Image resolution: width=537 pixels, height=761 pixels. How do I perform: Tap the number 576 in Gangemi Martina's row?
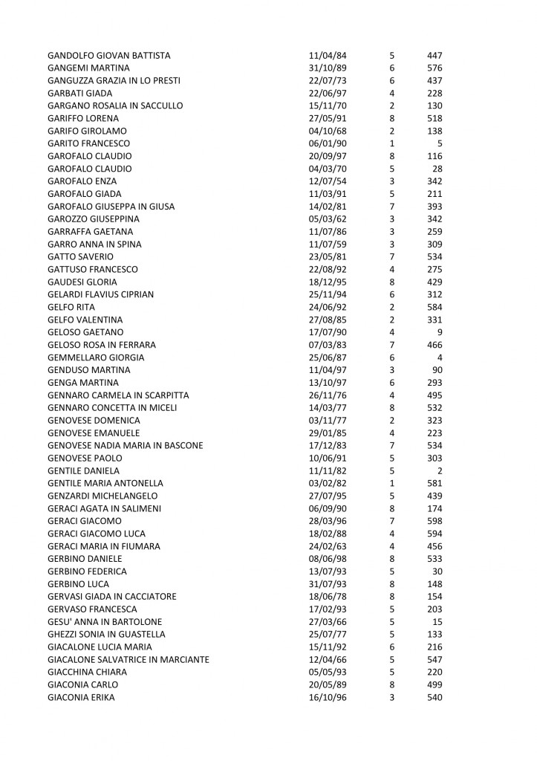pos(435,68)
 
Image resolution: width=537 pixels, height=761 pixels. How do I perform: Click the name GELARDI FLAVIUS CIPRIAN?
pos(100,294)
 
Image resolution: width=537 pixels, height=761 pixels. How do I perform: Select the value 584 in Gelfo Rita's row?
pos(435,307)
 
